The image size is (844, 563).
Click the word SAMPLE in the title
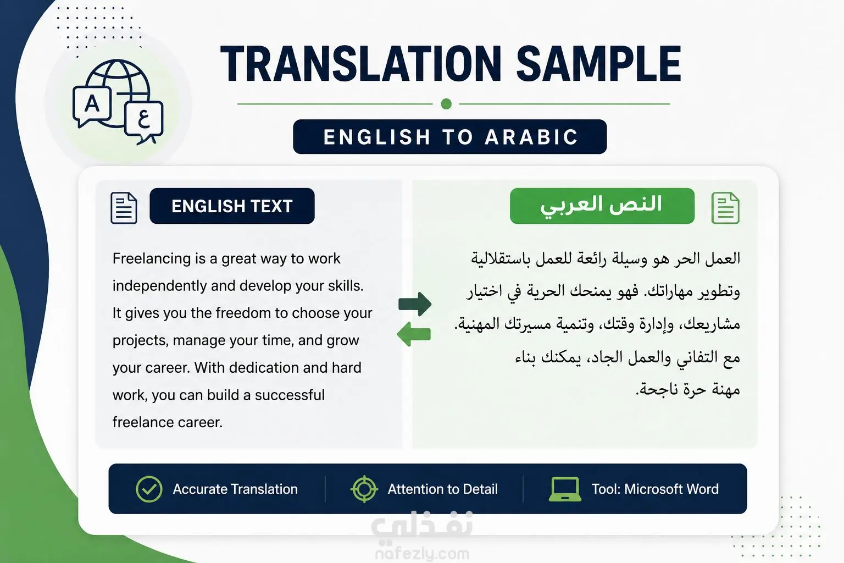coord(599,63)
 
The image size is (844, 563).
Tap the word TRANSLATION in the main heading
coord(360,63)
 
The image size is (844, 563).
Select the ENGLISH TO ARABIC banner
coord(450,136)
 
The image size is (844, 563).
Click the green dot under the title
coord(446,104)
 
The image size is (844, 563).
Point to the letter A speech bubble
coord(92,106)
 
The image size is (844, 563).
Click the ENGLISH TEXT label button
coord(232,206)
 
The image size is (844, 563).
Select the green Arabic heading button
coord(602,206)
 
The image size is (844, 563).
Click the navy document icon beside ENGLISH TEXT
coord(124,208)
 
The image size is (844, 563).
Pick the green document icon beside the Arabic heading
coord(725,208)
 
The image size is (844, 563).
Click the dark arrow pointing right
coord(415,303)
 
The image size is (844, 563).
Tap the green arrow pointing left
coord(414,334)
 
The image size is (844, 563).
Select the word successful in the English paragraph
coord(290,395)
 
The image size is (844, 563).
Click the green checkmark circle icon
coord(149,489)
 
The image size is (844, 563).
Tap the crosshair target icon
coord(364,489)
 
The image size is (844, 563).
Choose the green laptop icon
coord(565,489)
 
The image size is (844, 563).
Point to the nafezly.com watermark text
coord(423,554)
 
